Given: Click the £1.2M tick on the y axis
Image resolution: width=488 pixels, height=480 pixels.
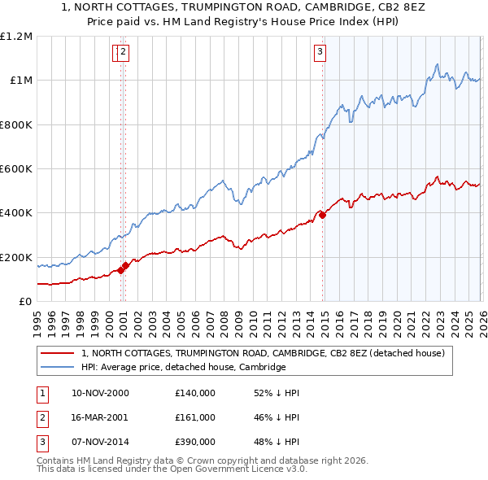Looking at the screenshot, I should (x=16, y=37).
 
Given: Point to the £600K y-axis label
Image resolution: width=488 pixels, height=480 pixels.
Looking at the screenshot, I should (x=16, y=169).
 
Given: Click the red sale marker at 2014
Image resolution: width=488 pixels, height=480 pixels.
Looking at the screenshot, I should (x=323, y=215).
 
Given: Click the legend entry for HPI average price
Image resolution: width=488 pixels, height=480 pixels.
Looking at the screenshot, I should (x=183, y=367).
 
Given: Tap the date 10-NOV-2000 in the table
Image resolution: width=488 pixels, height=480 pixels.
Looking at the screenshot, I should (x=101, y=393).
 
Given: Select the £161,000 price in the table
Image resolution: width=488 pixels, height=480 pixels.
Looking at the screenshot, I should (x=195, y=417).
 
